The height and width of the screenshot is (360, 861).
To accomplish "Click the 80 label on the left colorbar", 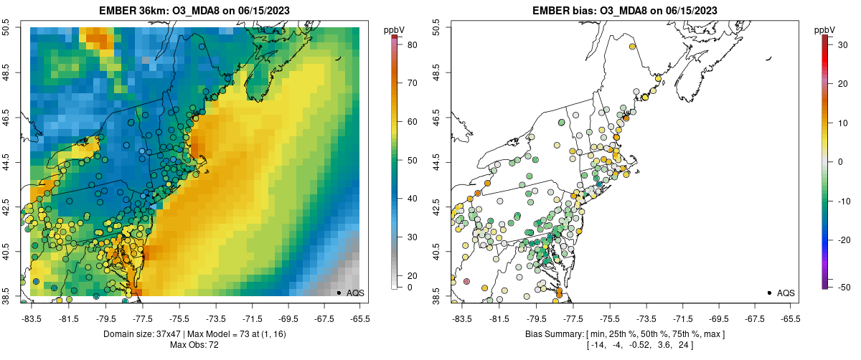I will tap(413, 45).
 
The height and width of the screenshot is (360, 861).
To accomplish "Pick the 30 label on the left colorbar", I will tap(413, 237).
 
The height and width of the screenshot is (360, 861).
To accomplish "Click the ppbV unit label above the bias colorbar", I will tap(826, 29).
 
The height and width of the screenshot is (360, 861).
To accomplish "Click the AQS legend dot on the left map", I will tap(339, 293).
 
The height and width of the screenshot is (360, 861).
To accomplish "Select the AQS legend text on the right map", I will tap(786, 293).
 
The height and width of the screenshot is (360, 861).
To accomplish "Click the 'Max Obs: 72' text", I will tap(194, 345).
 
